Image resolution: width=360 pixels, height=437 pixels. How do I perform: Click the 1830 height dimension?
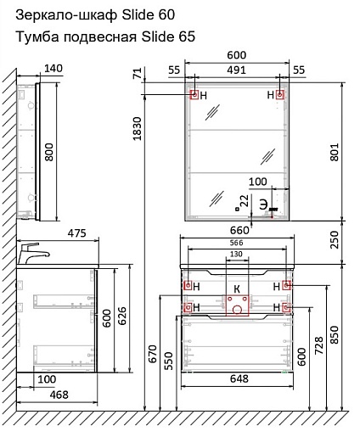point(138,128)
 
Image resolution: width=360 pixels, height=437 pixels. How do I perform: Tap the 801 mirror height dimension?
point(335,152)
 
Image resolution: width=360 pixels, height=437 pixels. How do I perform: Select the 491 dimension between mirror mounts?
point(236,70)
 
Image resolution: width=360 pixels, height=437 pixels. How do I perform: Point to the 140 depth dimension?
point(53,68)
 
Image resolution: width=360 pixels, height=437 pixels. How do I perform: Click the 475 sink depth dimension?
point(76,233)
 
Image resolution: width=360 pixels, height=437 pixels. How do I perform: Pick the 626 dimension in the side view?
point(122,319)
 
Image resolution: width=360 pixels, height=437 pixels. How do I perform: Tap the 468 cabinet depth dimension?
point(59,395)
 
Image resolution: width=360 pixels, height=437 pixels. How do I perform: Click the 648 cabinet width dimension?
point(239,378)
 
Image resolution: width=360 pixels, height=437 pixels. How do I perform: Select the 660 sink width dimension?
point(239,230)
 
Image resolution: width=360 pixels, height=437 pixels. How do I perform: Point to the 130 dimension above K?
point(236,254)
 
